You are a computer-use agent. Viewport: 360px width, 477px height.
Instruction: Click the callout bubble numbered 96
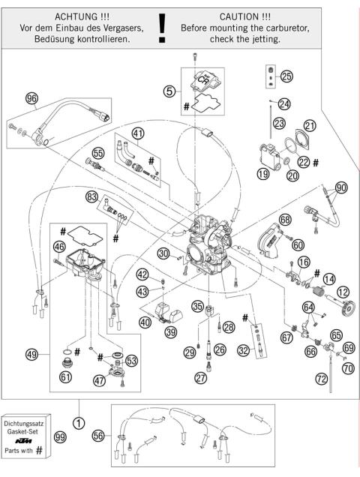31,98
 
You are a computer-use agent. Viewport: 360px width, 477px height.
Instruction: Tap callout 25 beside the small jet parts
287,76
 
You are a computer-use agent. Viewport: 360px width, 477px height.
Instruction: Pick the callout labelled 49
31,354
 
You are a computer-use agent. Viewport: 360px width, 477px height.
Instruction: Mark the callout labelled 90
341,187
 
